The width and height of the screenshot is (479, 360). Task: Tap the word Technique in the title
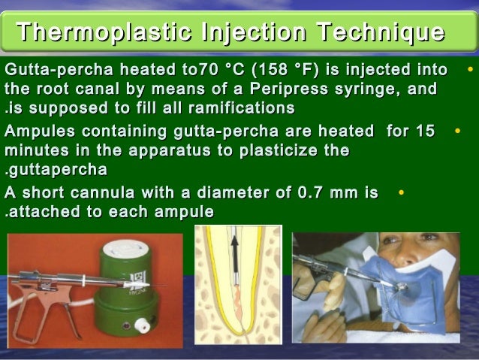click(380, 33)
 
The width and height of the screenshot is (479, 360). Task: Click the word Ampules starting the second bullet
click(35, 132)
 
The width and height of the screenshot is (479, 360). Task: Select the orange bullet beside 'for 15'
click(457, 132)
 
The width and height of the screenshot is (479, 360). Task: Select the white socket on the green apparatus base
click(140, 325)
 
